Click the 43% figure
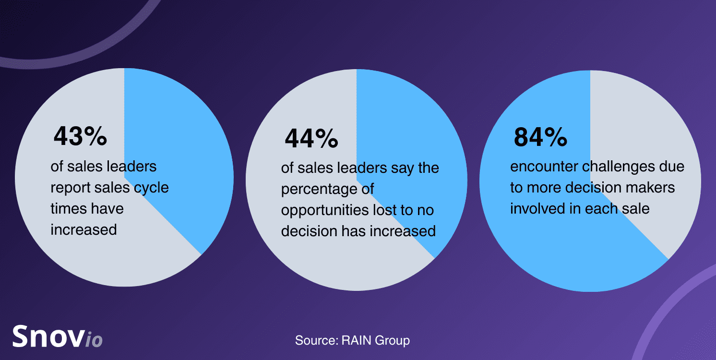(x=80, y=136)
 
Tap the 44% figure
(x=311, y=139)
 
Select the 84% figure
(x=540, y=137)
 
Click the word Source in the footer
(x=316, y=341)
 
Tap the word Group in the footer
(x=393, y=341)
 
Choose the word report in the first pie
(x=70, y=188)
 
